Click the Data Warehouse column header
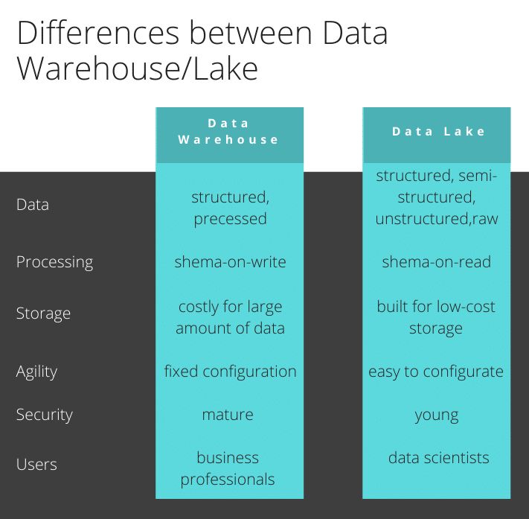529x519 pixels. click(229, 131)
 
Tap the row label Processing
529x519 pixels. click(54, 262)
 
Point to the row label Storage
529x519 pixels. click(43, 313)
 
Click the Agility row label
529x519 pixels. click(36, 371)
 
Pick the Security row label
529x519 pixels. click(44, 414)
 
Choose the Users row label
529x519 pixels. click(36, 464)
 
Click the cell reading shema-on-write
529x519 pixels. click(230, 262)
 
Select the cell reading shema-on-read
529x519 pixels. click(436, 262)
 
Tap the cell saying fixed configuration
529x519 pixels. click(230, 371)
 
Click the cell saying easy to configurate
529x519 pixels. click(436, 371)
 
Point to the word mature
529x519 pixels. click(228, 414)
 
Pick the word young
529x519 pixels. click(436, 414)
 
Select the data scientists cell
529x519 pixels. click(438, 457)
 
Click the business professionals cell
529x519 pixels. click(228, 468)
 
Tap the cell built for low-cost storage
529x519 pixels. click(436, 317)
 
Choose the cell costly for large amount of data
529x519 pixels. click(230, 317)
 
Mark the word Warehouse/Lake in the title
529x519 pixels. click(138, 69)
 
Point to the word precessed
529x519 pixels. click(230, 219)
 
